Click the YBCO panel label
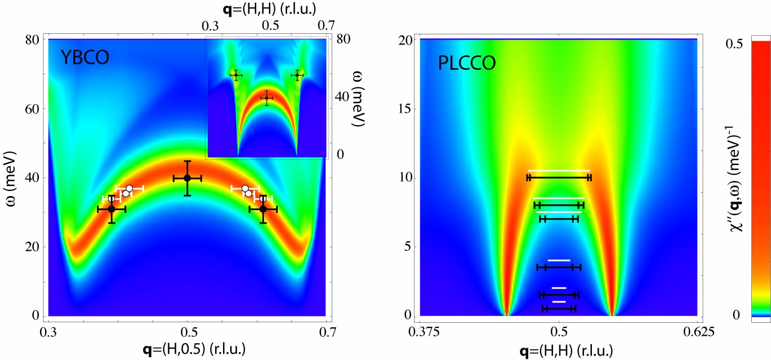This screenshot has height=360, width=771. pyautogui.click(x=85, y=58)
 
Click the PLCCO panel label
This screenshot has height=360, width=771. pyautogui.click(x=467, y=63)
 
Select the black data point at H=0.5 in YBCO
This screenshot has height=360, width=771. pyautogui.click(x=188, y=178)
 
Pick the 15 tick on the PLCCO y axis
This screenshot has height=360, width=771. pyautogui.click(x=404, y=109)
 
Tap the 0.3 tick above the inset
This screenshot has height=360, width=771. pyautogui.click(x=210, y=26)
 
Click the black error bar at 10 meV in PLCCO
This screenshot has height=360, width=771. pyautogui.click(x=559, y=177)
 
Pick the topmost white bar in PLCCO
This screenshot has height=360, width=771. pyautogui.click(x=559, y=170)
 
